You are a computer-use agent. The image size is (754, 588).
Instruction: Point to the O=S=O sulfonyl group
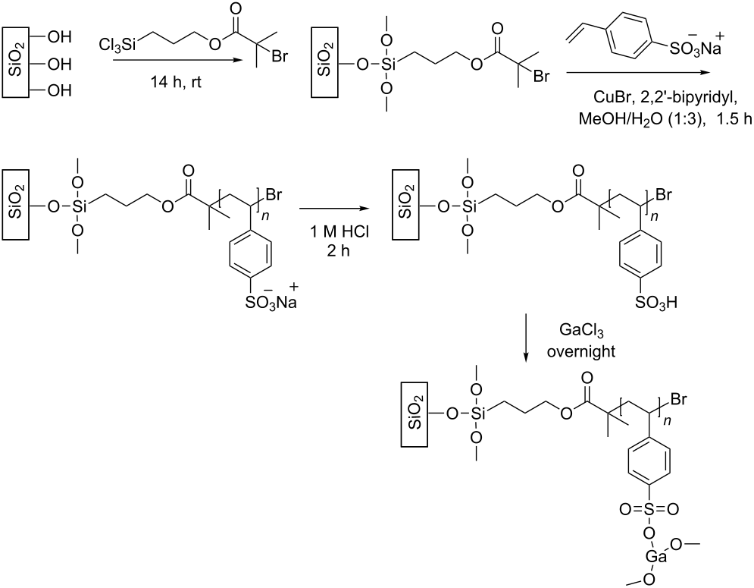pos(649,508)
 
